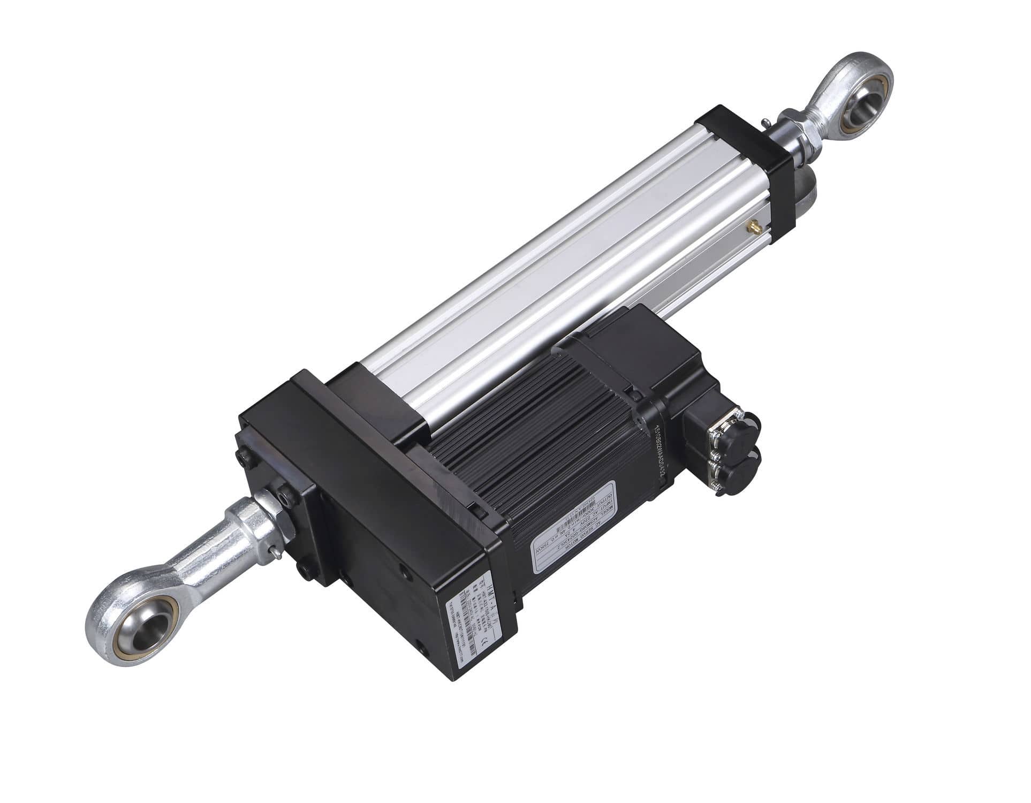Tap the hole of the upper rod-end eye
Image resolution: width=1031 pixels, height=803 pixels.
[866, 101]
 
